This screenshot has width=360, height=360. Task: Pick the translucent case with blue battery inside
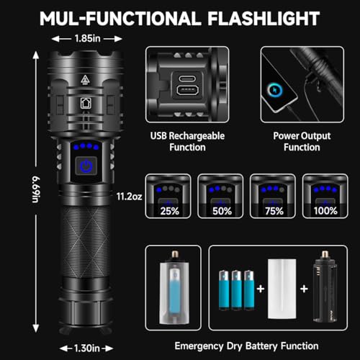point(174,288)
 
